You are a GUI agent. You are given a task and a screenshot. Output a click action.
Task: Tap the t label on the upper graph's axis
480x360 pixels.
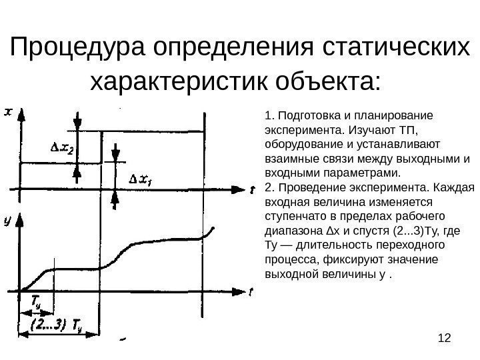click(x=252, y=190)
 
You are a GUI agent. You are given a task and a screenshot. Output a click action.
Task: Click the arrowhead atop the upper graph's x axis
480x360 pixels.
click(x=21, y=115)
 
